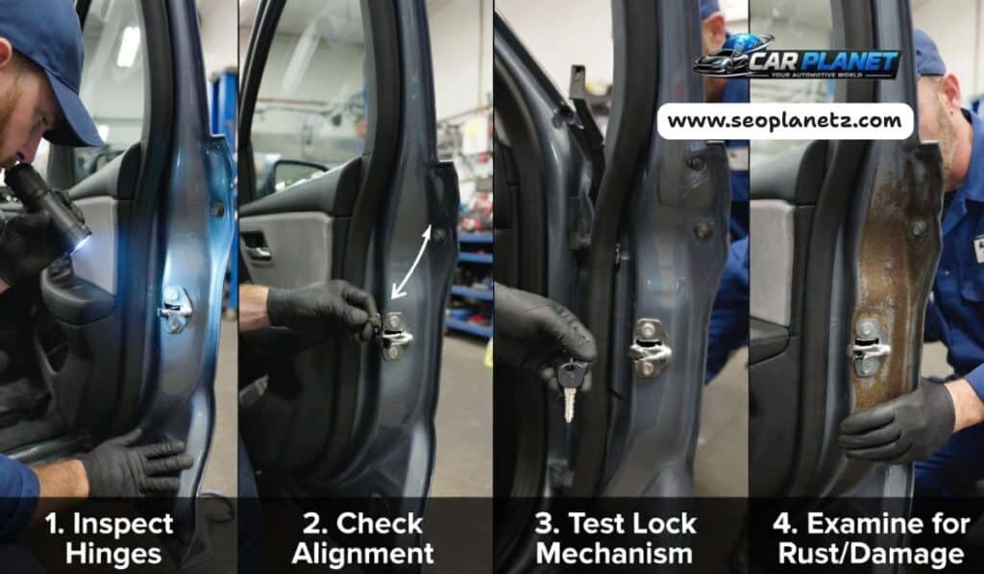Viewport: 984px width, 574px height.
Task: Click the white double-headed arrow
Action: tap(410, 259)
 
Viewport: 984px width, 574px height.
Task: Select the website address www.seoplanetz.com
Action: tap(785, 121)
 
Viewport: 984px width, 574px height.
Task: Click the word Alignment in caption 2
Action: tap(362, 554)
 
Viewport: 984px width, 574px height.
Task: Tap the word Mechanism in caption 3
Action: tap(614, 554)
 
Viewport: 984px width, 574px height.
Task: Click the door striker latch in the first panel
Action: tap(175, 308)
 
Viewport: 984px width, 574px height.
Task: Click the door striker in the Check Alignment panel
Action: tap(395, 334)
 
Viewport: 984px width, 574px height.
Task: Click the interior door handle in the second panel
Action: tap(257, 252)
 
